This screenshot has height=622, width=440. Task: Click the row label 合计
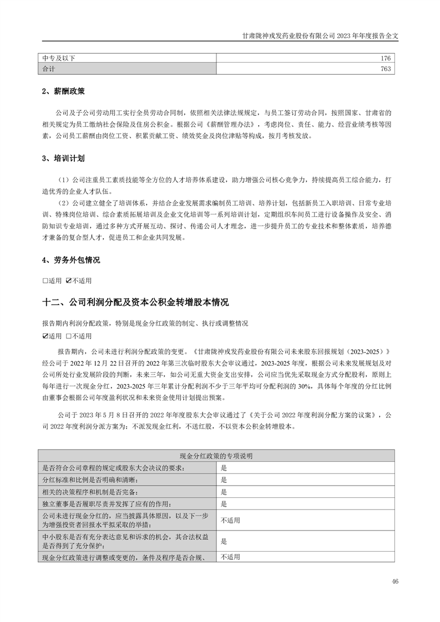(48, 69)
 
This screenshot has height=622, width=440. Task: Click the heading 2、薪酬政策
(63, 91)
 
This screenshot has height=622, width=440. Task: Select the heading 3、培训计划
(63, 158)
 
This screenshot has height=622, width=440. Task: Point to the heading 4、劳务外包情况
(71, 259)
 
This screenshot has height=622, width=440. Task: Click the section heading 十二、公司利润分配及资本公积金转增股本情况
(135, 303)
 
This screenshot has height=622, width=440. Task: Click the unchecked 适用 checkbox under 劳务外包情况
(45, 281)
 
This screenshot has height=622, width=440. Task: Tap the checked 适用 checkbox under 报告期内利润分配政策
(45, 336)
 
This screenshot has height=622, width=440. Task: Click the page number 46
(395, 582)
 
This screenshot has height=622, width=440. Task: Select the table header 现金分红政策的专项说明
(216, 456)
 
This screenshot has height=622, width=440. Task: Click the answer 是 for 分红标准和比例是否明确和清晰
(224, 480)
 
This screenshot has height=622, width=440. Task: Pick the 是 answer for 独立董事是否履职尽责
(224, 504)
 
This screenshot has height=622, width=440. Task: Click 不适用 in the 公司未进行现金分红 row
(230, 521)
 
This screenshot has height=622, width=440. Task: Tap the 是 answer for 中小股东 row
(224, 541)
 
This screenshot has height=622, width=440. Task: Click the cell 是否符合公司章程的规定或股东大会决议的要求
(112, 467)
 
